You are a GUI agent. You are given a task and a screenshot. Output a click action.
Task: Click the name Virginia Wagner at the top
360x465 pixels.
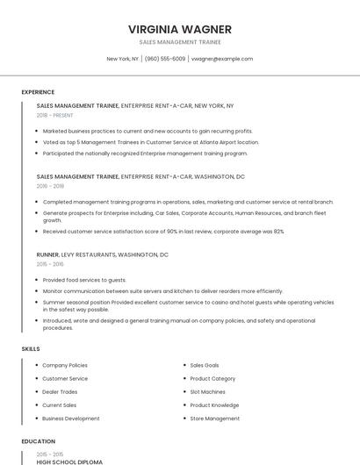[179, 29]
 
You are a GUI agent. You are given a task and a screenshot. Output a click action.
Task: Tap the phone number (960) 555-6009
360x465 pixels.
[165, 59]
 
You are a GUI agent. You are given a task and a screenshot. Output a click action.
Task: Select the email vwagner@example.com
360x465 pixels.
[222, 59]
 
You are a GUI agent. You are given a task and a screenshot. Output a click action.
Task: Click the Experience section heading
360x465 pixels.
[38, 92]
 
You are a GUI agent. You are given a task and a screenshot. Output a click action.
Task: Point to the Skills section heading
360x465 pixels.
[31, 349]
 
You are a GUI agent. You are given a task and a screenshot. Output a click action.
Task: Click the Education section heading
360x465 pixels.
[39, 441]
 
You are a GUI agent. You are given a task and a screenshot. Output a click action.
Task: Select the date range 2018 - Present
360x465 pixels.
[54, 115]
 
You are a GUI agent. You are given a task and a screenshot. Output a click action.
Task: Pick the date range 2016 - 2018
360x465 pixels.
[50, 186]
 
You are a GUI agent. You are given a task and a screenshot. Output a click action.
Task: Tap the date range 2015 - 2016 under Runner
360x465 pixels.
[50, 264]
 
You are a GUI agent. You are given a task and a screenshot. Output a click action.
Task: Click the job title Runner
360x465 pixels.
[47, 254]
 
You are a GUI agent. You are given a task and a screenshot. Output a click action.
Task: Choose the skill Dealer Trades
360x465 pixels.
[60, 392]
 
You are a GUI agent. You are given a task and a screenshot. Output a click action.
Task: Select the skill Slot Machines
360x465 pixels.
[207, 392]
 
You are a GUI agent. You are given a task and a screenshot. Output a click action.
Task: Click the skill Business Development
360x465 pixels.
[71, 418]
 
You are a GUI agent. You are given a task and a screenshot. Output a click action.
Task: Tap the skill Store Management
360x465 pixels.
[214, 418]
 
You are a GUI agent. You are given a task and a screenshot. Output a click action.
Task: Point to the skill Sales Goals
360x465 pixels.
[205, 365]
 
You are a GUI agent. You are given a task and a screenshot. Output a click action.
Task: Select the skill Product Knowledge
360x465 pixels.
[214, 405]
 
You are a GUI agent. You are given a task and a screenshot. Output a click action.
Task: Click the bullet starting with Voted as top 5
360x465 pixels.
[150, 142]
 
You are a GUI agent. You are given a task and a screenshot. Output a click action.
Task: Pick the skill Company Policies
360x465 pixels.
[65, 365]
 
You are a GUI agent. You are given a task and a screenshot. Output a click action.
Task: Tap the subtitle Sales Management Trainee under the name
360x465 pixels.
[179, 42]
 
